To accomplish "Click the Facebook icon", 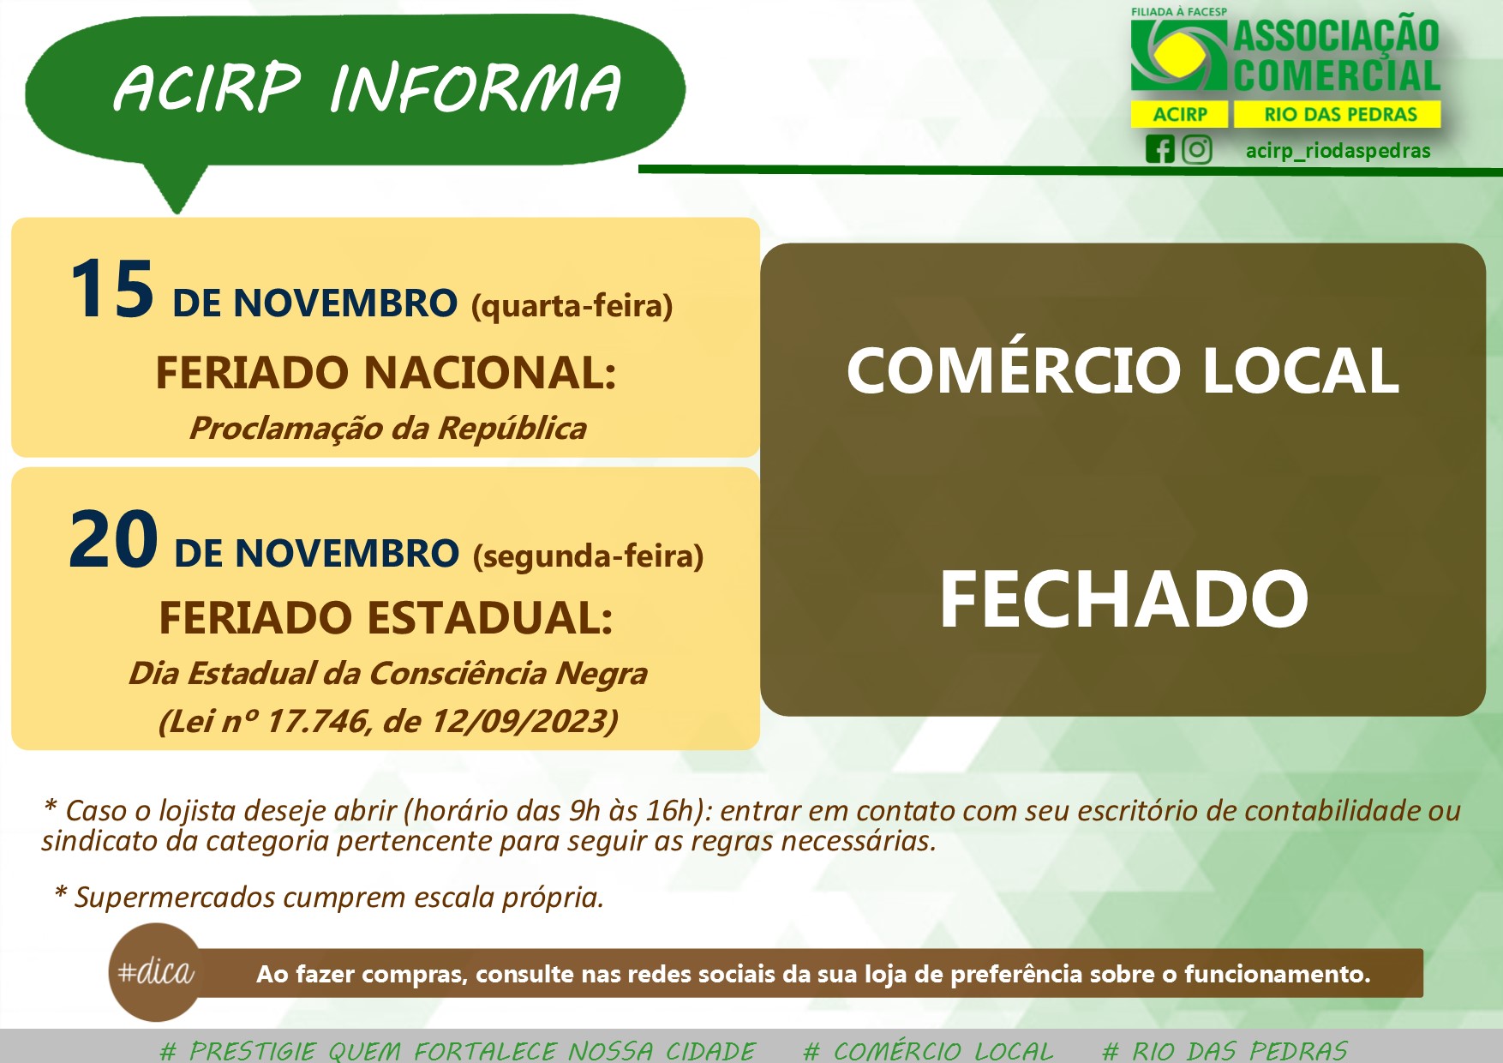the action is (1159, 149).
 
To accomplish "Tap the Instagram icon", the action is (1197, 149).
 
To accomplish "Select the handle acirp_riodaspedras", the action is (1338, 151).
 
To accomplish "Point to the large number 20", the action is (113, 540).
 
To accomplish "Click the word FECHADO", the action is (1123, 598).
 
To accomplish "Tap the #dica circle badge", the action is (156, 972).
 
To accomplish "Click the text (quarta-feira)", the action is (572, 306).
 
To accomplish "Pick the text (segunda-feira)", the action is (589, 556).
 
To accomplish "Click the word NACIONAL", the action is (489, 373).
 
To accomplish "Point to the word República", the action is (512, 428).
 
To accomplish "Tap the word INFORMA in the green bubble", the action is (475, 88).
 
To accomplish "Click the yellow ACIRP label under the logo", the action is (1180, 114).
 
